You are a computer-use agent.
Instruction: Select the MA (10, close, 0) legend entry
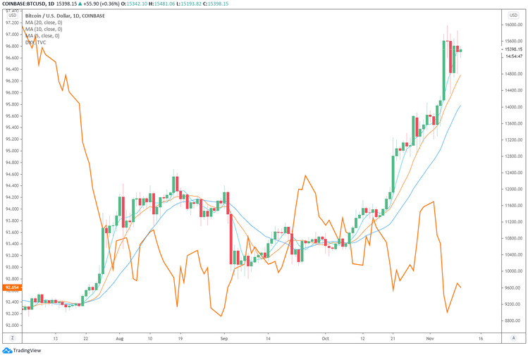(44, 28)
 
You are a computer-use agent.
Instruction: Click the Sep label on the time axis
(223, 337)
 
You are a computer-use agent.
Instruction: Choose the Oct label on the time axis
(325, 337)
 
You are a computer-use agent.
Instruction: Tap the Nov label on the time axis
(430, 337)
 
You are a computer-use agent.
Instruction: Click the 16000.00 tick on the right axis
(513, 25)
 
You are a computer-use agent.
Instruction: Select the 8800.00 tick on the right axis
(512, 321)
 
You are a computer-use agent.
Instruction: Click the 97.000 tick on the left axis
(12, 34)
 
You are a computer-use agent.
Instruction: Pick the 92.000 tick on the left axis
(12, 325)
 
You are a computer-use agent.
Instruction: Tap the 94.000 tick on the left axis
(12, 209)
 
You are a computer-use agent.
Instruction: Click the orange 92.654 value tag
(11, 287)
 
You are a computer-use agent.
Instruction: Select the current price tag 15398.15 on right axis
(513, 49)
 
